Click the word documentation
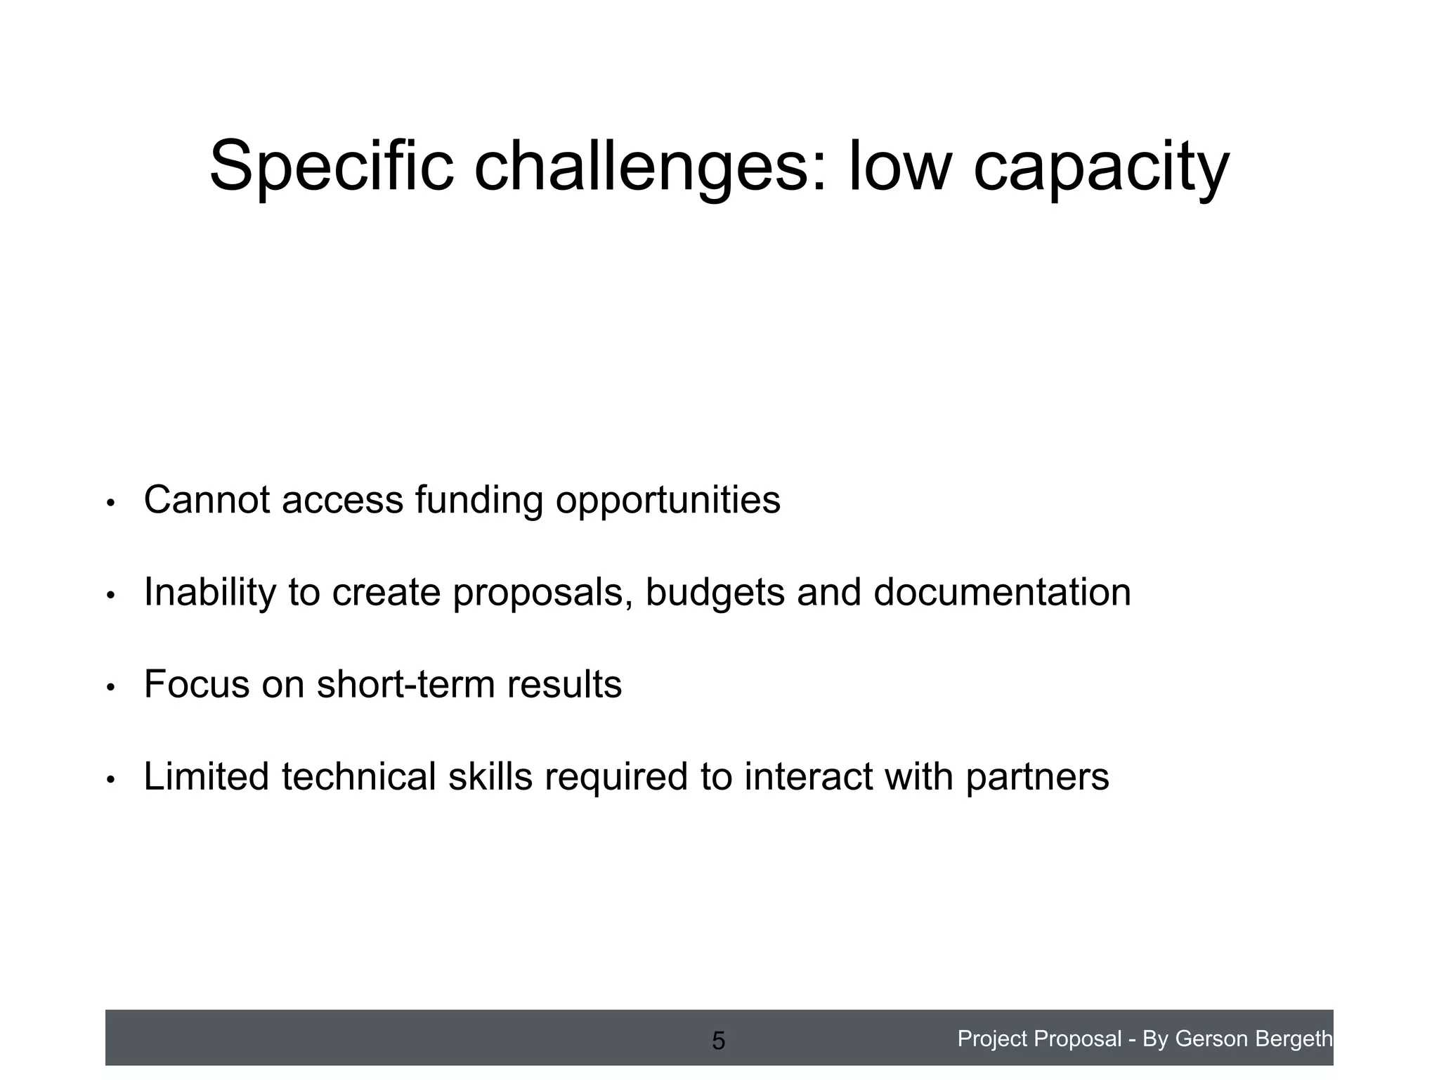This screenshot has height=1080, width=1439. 1002,592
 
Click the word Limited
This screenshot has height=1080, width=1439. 206,776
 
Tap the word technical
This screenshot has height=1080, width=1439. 358,776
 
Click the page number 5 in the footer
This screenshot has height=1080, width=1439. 718,1041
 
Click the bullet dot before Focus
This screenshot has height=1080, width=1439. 110,688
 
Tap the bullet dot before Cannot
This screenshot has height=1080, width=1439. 110,503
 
